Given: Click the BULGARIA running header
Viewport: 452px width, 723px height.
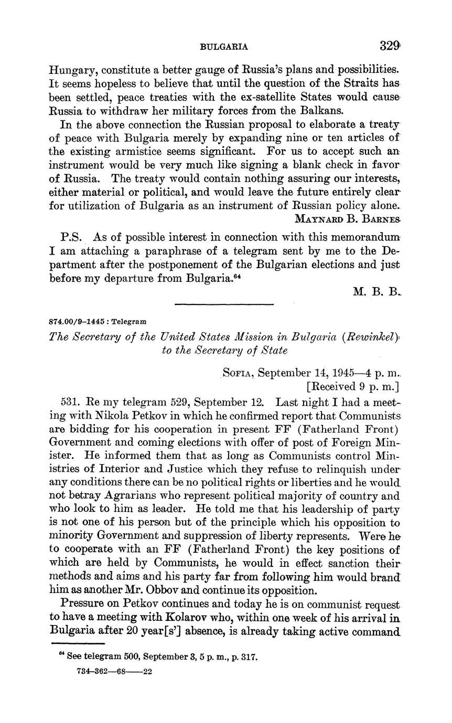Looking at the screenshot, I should [x=224, y=47].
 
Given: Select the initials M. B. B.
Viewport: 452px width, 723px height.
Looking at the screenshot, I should [x=376, y=292].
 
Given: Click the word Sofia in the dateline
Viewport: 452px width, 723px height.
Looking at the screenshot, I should [x=239, y=373].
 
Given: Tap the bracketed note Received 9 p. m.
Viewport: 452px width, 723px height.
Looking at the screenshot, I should [x=353, y=387].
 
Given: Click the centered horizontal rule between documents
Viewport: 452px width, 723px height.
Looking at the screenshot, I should [x=224, y=304].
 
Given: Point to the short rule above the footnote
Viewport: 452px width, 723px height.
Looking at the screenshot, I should [x=78, y=644].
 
